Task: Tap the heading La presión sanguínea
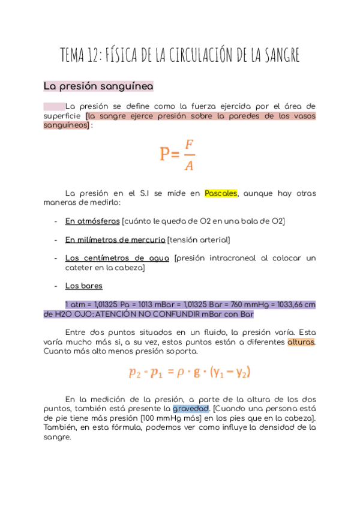(98, 86)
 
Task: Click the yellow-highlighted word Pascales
(221, 193)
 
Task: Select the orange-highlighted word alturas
(301, 342)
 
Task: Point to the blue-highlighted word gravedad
(190, 408)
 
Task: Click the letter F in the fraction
(189, 145)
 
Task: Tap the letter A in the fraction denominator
(189, 165)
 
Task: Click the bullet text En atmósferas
(92, 221)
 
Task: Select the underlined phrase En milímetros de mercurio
(115, 240)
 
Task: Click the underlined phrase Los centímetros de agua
(118, 258)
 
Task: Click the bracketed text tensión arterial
(199, 240)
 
